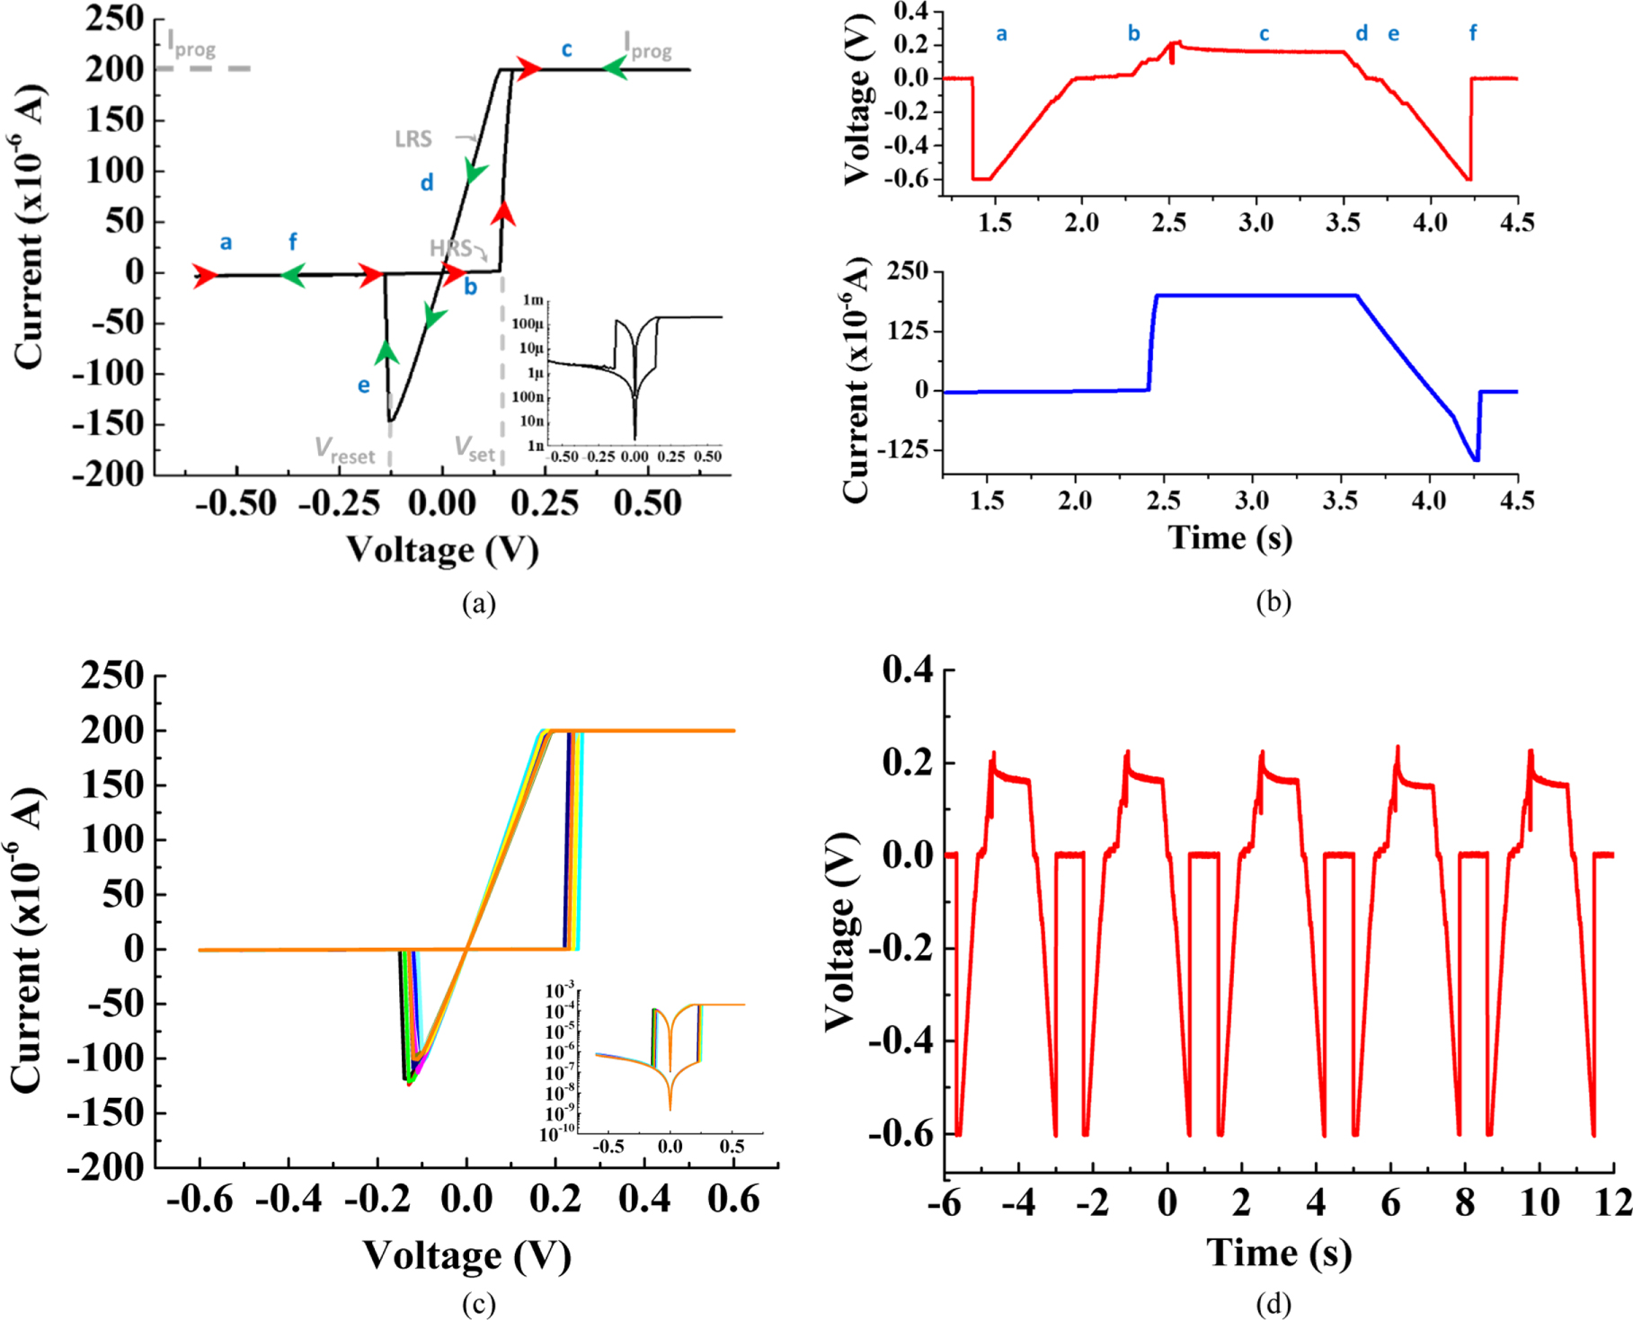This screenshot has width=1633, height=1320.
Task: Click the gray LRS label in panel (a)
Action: [413, 139]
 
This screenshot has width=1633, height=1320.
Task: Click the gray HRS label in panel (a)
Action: [449, 248]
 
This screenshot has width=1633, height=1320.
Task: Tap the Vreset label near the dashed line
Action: [345, 450]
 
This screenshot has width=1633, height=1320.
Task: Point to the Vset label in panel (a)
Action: [475, 448]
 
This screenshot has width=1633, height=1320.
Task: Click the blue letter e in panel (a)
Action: [363, 385]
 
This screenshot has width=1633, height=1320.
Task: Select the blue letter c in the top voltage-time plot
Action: [1264, 34]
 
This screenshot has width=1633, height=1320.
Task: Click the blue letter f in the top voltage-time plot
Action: [1472, 33]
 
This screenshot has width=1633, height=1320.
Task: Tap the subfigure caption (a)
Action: [478, 603]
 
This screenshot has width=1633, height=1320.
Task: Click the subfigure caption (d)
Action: [1273, 1304]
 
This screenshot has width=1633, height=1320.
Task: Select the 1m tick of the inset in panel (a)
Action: [533, 300]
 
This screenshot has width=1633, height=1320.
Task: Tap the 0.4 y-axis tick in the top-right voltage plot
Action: [912, 13]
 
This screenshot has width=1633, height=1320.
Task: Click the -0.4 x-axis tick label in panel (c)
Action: [288, 1200]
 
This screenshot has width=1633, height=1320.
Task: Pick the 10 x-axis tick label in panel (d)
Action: [1540, 1202]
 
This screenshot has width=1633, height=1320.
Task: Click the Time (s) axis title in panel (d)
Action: [1278, 1253]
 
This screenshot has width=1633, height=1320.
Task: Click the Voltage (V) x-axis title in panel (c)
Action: [466, 1255]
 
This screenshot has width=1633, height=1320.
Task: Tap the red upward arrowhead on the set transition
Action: [503, 213]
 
